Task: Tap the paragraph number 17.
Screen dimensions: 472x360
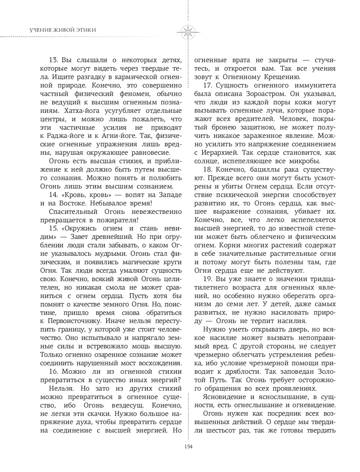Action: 208,85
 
